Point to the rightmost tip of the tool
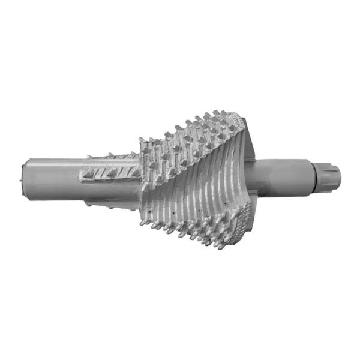point(340,176)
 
